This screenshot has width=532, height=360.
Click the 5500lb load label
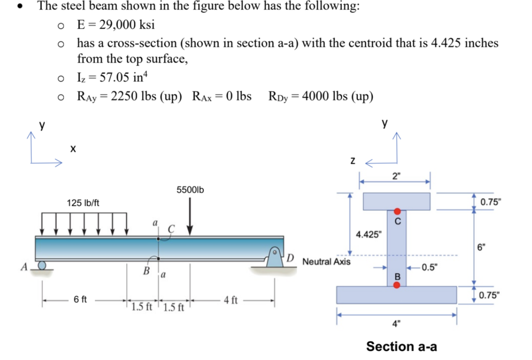pos(190,190)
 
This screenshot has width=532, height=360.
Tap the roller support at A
pos(42,266)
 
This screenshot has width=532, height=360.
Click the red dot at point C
pos(397,211)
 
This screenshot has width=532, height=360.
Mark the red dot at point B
pos(397,285)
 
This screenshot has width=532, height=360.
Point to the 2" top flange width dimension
pos(397,176)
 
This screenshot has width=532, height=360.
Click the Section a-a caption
pos(401,346)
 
